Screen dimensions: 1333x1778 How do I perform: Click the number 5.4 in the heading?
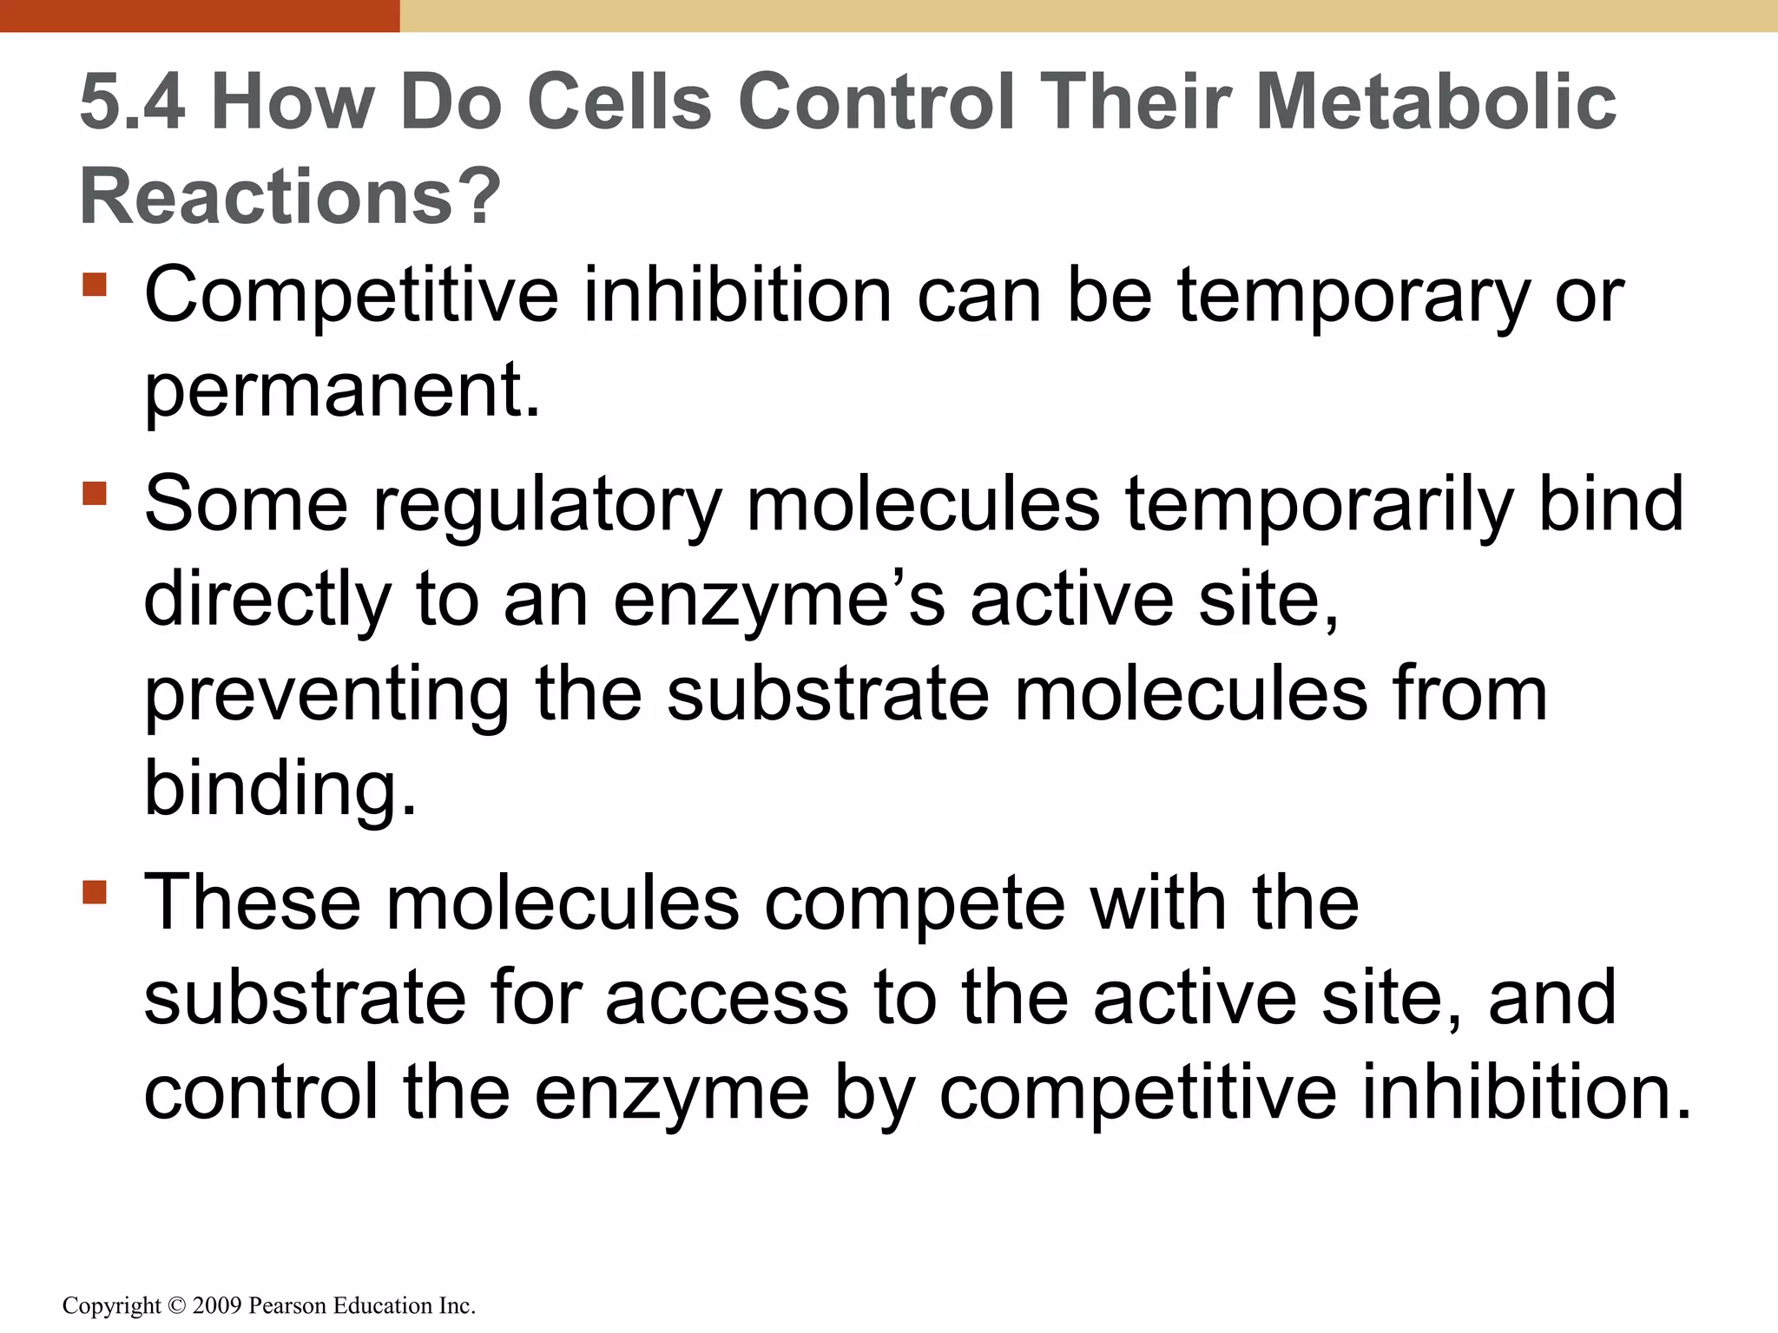(x=132, y=102)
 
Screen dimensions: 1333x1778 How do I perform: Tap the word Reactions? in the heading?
(x=290, y=196)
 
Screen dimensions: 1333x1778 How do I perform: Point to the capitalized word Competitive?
(x=351, y=297)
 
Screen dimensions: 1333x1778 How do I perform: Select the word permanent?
(x=342, y=391)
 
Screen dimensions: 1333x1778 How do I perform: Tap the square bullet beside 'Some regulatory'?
(x=95, y=494)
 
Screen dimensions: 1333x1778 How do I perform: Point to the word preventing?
(x=327, y=695)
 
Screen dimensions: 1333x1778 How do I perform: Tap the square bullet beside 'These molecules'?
(x=95, y=892)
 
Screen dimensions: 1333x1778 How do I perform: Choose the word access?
(x=727, y=999)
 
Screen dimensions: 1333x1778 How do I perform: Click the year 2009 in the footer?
(x=217, y=1305)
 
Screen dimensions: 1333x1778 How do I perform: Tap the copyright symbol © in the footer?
(x=176, y=1305)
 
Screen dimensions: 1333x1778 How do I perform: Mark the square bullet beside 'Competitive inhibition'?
(x=95, y=285)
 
